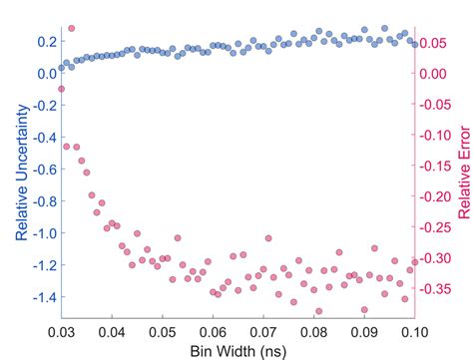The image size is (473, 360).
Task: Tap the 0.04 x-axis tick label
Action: [112, 330]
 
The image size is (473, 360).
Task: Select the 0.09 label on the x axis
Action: [364, 330]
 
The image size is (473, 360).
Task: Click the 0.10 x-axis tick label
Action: [414, 330]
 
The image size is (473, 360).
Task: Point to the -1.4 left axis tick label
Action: [41, 297]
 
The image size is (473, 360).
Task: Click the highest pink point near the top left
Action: [70, 29]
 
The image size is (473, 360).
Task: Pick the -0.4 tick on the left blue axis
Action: [41, 137]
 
